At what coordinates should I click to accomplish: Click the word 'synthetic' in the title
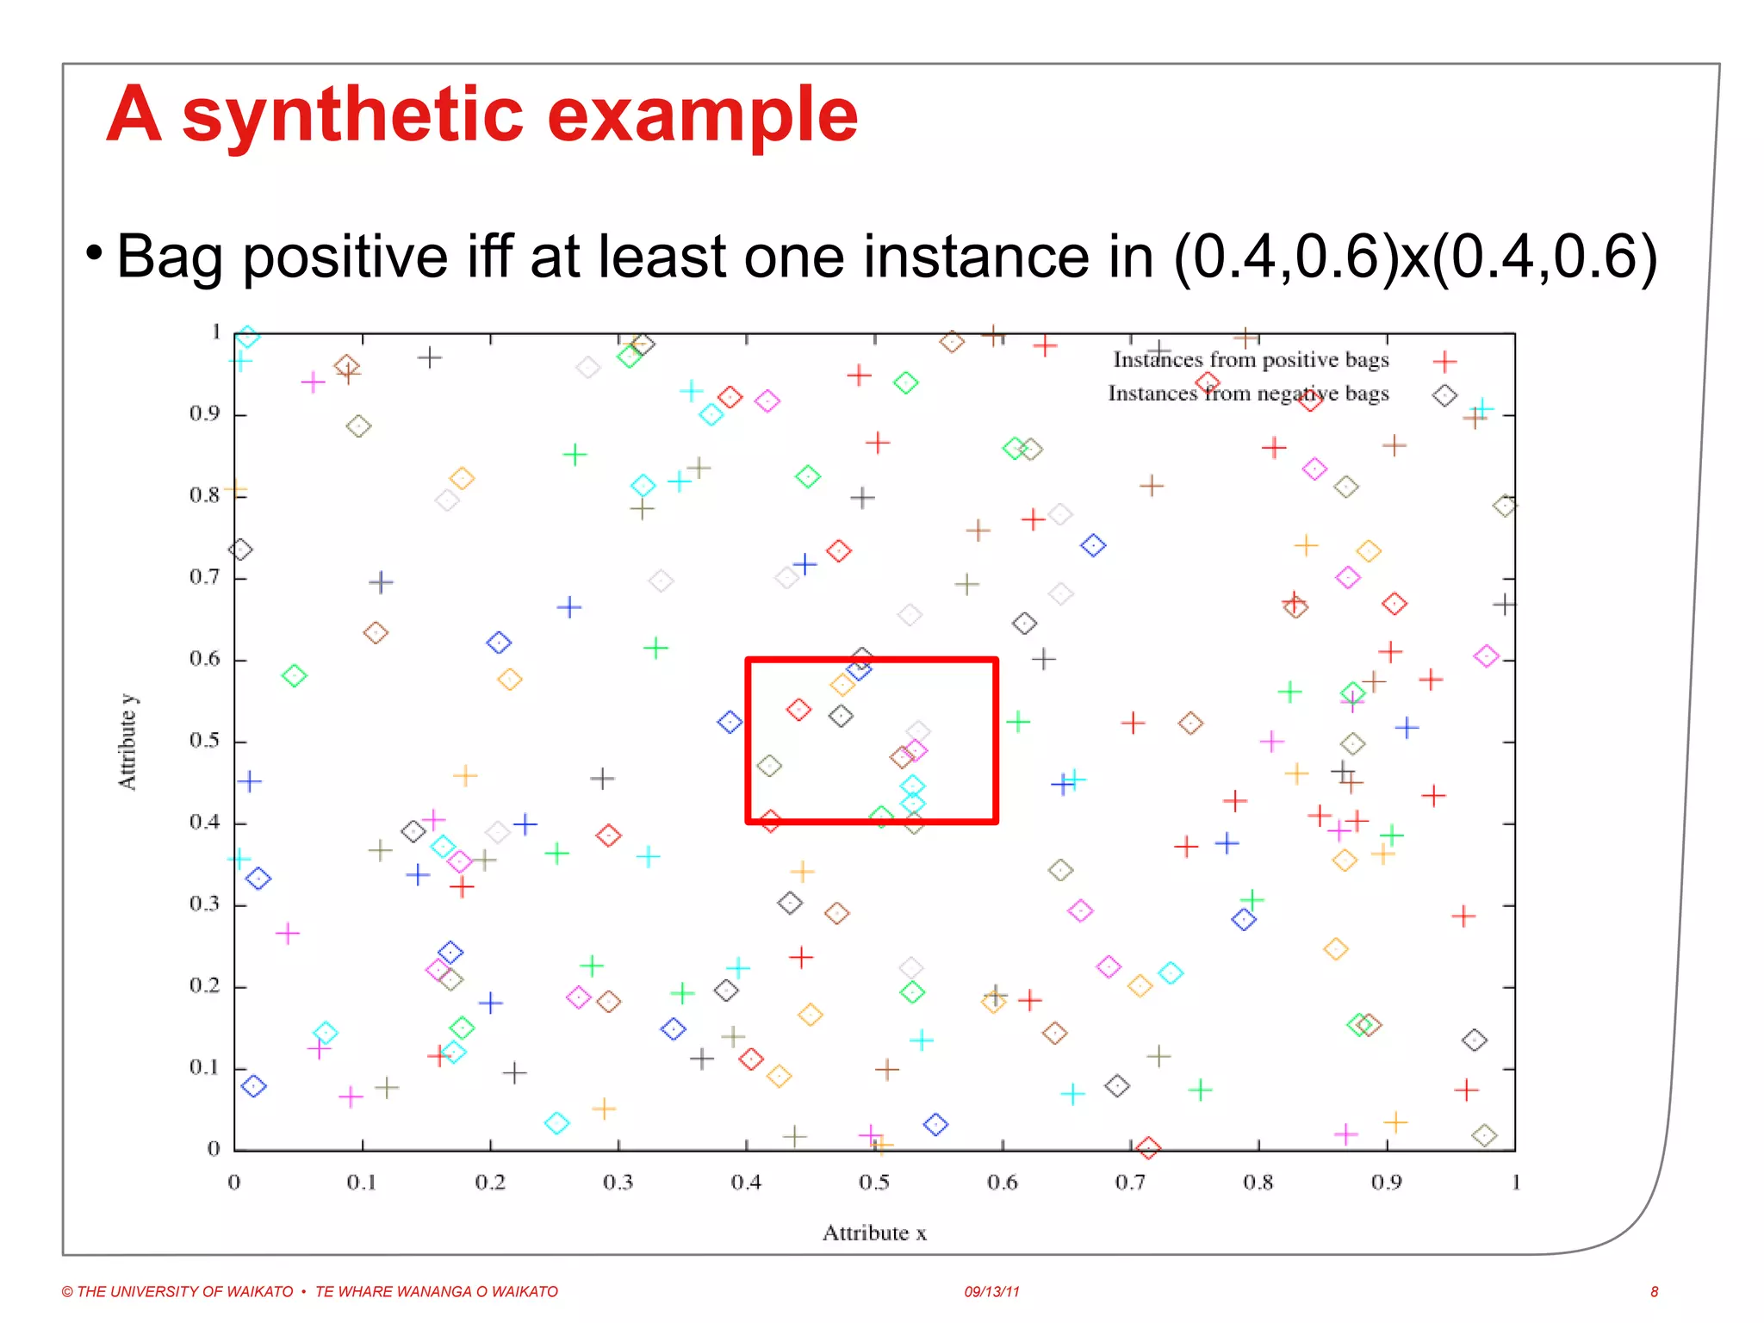coord(353,116)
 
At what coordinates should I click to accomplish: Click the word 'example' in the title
coord(702,116)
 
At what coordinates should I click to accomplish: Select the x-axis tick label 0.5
coord(873,1183)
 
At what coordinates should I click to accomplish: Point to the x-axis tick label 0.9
coord(1386,1183)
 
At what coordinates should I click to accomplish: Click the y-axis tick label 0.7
coord(205,577)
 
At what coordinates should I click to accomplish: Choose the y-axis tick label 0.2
coord(205,986)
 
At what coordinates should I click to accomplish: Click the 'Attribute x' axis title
coord(873,1233)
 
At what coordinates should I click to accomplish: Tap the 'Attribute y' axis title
coord(127,742)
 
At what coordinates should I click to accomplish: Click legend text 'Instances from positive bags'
coord(1251,360)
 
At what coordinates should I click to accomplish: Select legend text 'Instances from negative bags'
coord(1248,394)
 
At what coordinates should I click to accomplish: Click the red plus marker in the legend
coord(1444,362)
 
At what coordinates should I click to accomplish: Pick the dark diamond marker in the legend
coord(1444,395)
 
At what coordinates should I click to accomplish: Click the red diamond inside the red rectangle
coord(798,710)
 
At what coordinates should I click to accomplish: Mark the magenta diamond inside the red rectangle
coord(916,750)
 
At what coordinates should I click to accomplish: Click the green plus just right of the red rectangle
coord(1018,721)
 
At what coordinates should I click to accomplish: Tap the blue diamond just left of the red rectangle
coord(730,722)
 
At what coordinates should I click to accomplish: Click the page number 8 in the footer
coord(1654,1291)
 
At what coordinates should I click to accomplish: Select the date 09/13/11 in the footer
coord(991,1291)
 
